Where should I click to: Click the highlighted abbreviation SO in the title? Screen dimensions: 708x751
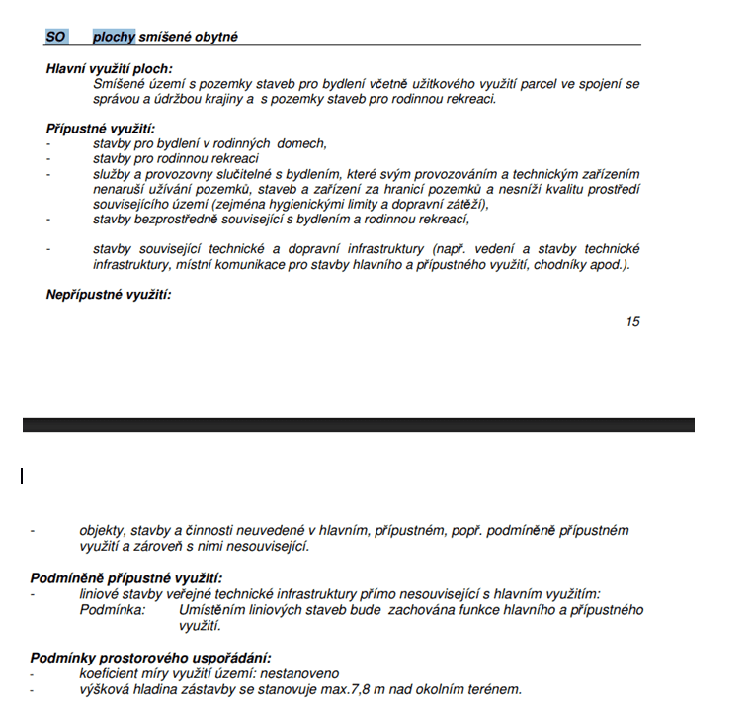pyautogui.click(x=55, y=37)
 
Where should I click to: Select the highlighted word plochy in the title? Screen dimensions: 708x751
pyautogui.click(x=114, y=37)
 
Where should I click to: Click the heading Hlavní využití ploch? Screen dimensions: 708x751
pyautogui.click(x=109, y=69)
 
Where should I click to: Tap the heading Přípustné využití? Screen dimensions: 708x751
pyautogui.click(x=101, y=129)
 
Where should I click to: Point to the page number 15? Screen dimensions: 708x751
pyautogui.click(x=632, y=321)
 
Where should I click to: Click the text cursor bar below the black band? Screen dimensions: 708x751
pyautogui.click(x=22, y=476)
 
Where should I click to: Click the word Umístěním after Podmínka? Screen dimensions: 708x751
pyautogui.click(x=211, y=610)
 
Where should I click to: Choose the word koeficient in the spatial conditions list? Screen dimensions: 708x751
pyautogui.click(x=109, y=673)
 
